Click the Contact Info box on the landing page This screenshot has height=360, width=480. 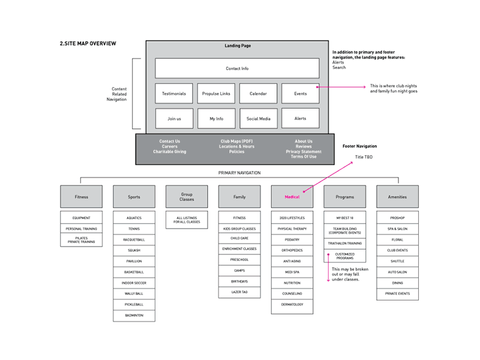tap(237, 68)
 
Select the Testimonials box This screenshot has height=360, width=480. tap(174, 94)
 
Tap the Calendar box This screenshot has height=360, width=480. tap(258, 94)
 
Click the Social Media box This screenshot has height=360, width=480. tap(258, 119)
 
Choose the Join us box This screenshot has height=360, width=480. tap(174, 119)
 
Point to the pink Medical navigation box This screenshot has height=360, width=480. tap(292, 197)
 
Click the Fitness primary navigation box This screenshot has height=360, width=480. tap(81, 197)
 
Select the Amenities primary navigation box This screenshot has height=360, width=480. tap(397, 197)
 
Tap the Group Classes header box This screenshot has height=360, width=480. tap(187, 197)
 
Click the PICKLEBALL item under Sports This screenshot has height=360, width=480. tap(134, 304)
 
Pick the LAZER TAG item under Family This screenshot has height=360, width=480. tap(239, 292)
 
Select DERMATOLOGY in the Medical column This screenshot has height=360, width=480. tap(292, 304)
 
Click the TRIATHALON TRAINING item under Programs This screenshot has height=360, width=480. tap(344, 243)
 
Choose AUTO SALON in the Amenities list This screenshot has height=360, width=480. tap(397, 272)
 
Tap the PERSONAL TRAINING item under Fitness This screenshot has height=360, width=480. tap(81, 229)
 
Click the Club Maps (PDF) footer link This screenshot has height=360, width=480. tap(236, 142)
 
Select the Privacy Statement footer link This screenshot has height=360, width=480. tap(304, 152)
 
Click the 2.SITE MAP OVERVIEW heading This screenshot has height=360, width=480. tap(88, 44)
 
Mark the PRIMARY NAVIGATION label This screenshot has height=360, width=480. tap(239, 173)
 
